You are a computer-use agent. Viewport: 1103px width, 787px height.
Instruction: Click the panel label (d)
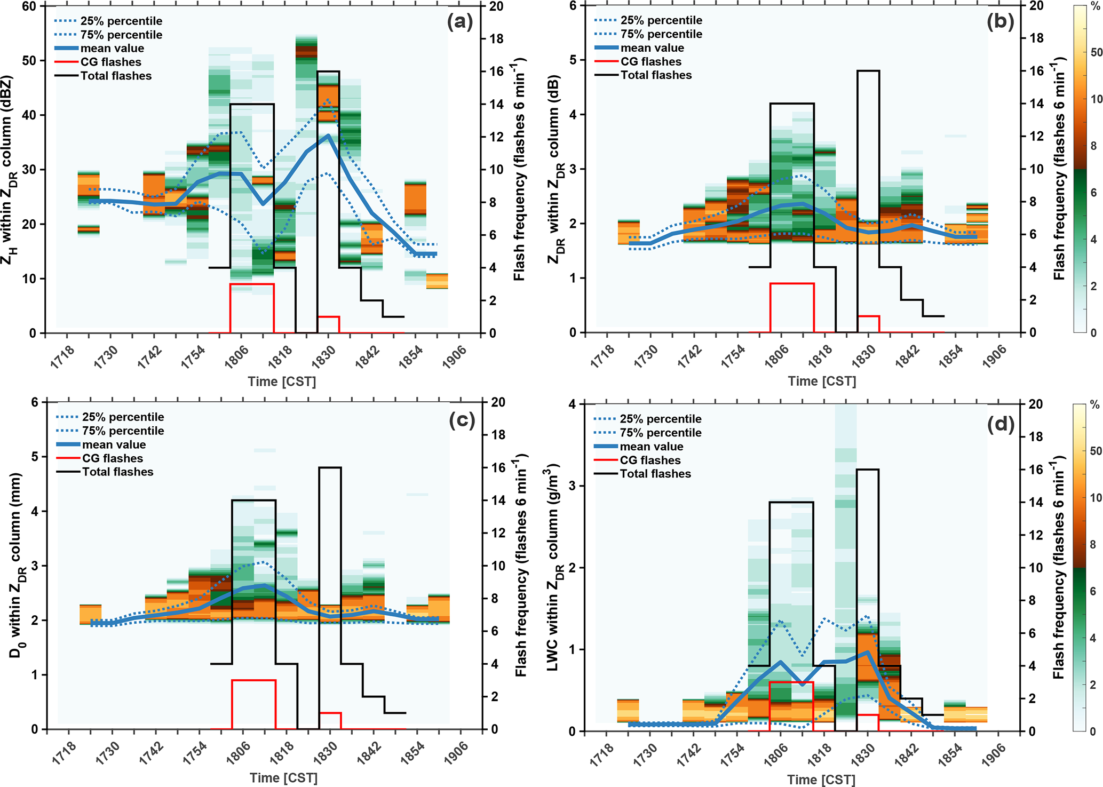tap(1000, 424)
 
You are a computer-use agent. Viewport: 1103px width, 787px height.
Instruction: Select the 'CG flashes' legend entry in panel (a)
tap(110, 62)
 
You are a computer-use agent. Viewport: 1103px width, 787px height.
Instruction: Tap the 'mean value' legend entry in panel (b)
tap(652, 48)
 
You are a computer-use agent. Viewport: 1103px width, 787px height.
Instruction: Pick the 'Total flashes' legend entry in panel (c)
tap(117, 472)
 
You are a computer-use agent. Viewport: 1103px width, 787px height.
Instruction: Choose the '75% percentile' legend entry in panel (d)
tap(661, 433)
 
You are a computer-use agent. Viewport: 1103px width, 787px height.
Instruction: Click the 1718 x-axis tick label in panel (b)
tap(602, 356)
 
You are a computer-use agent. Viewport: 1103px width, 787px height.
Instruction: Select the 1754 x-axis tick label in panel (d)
tap(732, 754)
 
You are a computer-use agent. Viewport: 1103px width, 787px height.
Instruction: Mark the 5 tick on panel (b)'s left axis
tap(573, 60)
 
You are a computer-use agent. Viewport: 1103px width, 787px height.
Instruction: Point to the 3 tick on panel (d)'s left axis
tap(572, 486)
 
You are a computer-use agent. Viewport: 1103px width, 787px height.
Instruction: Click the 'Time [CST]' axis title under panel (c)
tap(283, 778)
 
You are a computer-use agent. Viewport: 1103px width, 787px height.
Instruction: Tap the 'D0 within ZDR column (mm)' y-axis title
tap(16, 566)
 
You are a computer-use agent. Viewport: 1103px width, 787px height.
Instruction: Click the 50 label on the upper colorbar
tap(1096, 52)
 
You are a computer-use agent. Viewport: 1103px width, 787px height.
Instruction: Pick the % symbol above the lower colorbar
tap(1094, 405)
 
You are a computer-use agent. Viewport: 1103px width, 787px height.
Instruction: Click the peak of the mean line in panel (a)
tap(328, 136)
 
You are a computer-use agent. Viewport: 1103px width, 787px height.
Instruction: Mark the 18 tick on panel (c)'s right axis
tap(498, 435)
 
